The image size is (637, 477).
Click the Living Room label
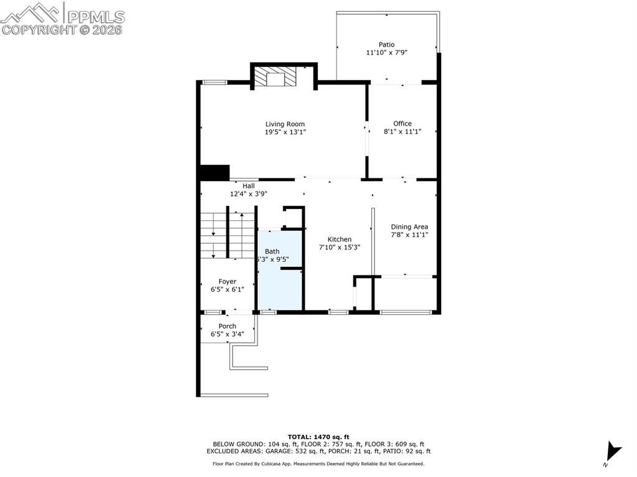(285, 124)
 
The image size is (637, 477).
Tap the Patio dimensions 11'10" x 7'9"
(386, 52)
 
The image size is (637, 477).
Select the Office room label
(402, 124)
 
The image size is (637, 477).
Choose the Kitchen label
(340, 239)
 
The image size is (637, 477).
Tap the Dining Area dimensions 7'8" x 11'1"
(409, 235)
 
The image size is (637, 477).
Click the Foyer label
(227, 282)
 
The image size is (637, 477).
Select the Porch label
(227, 326)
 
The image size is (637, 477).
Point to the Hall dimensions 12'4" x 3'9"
(249, 194)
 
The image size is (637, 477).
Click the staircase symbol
(228, 235)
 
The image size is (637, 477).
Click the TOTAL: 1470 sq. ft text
(318, 437)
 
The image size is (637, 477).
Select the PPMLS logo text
(96, 17)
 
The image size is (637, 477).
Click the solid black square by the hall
(215, 172)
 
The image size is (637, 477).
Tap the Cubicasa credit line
(318, 463)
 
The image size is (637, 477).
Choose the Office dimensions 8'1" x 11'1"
(402, 132)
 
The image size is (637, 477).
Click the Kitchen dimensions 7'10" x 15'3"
(340, 247)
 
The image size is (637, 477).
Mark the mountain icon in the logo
(32, 13)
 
